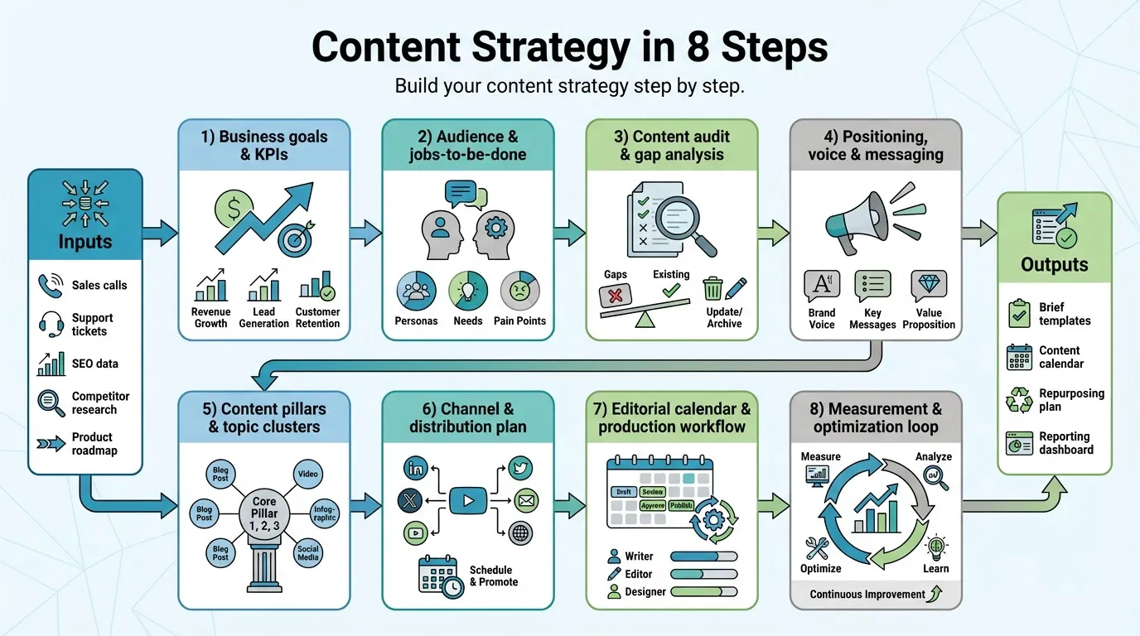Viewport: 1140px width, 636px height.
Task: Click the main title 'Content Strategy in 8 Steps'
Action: point(569,48)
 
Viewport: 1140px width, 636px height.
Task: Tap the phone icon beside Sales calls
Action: point(51,286)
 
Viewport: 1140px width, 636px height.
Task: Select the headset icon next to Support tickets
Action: point(51,325)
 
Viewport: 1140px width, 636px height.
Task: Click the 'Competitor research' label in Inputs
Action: point(94,403)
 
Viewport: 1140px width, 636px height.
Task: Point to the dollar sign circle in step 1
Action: point(234,210)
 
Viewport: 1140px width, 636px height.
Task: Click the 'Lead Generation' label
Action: point(263,317)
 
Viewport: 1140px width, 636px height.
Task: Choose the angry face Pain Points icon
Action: point(519,291)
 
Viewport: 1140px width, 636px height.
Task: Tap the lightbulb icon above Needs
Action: point(468,291)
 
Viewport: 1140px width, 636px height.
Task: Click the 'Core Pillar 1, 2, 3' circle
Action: point(264,513)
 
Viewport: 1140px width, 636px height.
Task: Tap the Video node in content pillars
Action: point(307,475)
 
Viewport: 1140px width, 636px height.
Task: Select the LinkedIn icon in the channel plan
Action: point(416,469)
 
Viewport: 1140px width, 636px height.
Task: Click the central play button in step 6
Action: point(468,500)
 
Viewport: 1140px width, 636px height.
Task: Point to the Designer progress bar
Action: point(703,592)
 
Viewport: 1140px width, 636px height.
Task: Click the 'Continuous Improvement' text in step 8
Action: point(867,594)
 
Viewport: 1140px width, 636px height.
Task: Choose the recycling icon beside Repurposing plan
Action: point(1018,400)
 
